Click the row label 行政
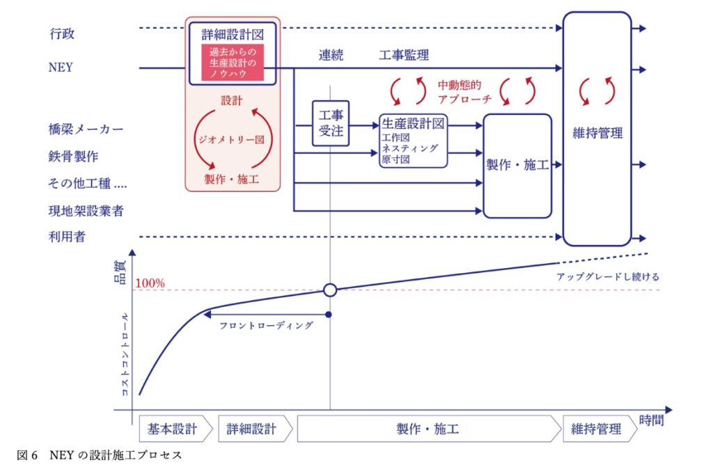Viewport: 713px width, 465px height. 61,33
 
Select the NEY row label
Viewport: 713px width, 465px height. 61,68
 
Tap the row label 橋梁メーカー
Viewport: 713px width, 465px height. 86,129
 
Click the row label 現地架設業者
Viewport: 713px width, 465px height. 86,210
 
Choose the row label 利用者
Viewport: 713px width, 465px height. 68,237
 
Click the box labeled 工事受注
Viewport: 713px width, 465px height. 331,123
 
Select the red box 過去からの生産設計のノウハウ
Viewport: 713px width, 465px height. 233,62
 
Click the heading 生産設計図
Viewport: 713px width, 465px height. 413,123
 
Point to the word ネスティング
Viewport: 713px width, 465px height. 410,148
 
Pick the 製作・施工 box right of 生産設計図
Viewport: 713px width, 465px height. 517,166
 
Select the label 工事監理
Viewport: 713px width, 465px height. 404,55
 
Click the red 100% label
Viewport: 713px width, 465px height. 150,283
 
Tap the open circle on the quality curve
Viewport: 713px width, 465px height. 331,290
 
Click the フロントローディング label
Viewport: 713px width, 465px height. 266,325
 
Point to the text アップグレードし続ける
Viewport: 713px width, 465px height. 607,276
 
